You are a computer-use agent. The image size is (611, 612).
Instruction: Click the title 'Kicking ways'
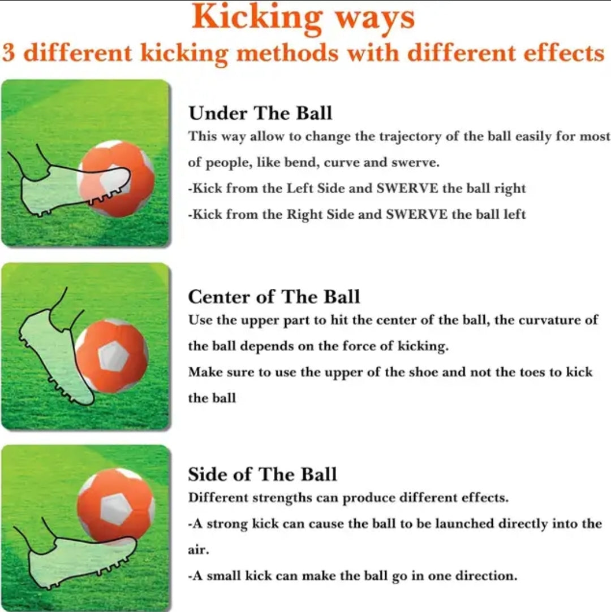303,18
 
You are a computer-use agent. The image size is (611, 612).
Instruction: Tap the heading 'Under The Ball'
260,113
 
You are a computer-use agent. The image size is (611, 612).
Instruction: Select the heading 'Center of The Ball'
274,297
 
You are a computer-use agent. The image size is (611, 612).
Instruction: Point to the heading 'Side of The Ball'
262,474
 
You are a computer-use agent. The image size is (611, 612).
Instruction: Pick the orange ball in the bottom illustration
116,506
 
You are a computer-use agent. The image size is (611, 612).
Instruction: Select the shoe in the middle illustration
59,351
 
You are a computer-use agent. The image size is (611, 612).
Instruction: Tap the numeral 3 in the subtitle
8,53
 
